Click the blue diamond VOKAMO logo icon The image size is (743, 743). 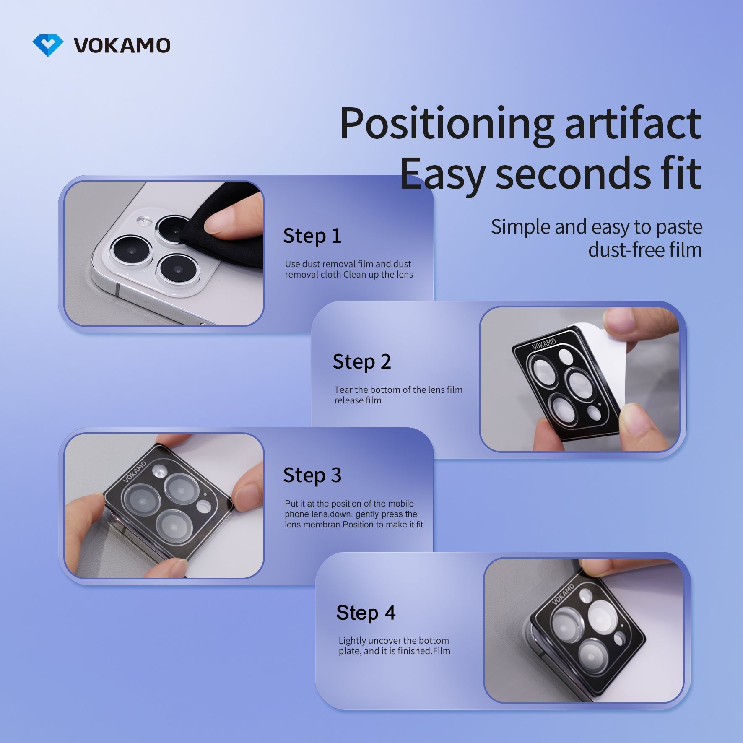pos(48,45)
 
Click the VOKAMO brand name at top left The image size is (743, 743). pos(122,45)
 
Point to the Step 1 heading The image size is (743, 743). pos(312,236)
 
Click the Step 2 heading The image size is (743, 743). pos(361,361)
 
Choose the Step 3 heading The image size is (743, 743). pos(312,475)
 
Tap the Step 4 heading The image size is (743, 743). pos(366,613)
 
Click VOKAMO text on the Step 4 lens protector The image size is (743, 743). pos(563,594)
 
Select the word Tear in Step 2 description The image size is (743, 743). pos(343,390)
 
